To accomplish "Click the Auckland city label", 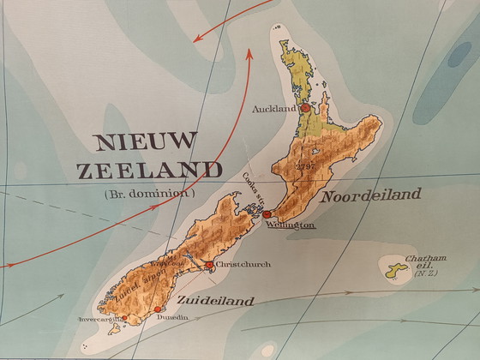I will point(273,110).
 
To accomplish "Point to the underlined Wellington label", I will point(290,225).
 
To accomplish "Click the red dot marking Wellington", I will point(267,214).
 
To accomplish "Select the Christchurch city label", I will point(244,265).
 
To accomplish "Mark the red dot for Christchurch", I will point(210,264).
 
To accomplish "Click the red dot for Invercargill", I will point(124,318).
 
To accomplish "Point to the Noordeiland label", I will point(370,195).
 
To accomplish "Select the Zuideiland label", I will point(217,301).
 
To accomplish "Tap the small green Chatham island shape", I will point(396,272).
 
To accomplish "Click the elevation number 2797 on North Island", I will point(305,165).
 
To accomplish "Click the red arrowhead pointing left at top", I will point(198,37).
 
